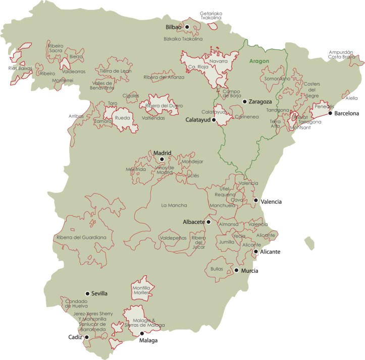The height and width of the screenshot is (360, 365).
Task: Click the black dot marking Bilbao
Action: click(x=187, y=27)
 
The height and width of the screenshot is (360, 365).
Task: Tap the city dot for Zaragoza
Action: click(x=244, y=101)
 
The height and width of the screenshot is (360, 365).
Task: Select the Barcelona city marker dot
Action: click(x=330, y=113)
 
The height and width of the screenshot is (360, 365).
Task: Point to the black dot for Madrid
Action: click(x=162, y=159)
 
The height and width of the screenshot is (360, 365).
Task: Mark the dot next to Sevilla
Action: click(x=87, y=293)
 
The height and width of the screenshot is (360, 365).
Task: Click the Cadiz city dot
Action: click(x=87, y=337)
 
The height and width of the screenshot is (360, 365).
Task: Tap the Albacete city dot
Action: click(x=208, y=221)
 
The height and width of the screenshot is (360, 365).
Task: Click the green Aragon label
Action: click(x=258, y=61)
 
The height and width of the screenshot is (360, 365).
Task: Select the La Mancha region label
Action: click(x=174, y=205)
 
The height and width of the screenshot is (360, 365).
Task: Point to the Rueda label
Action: click(x=123, y=118)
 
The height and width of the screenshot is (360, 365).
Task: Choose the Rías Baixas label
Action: click(x=20, y=68)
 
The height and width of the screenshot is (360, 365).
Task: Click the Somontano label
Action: click(x=278, y=79)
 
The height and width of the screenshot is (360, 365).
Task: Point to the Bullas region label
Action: click(x=216, y=269)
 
